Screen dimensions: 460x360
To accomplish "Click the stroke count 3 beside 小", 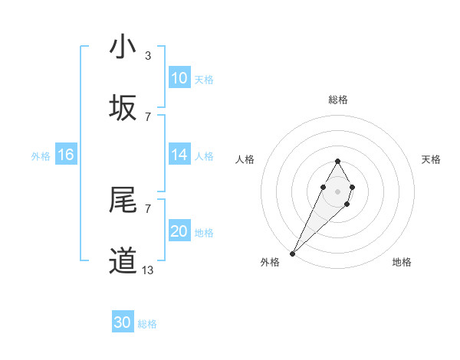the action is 148,56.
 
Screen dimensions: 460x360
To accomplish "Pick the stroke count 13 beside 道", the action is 148,270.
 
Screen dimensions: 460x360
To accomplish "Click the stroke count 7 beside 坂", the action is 148,117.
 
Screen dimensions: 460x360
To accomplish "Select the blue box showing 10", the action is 179,78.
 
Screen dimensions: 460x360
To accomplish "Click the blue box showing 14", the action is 179,155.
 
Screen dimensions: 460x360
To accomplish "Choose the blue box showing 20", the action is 179,231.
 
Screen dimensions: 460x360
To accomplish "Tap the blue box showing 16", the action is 66,155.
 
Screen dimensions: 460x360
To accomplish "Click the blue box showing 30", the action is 123,322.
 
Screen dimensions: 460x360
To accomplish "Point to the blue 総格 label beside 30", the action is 147,324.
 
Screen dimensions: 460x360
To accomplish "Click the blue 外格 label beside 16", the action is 41,156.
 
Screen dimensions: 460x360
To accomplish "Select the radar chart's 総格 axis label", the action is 338,100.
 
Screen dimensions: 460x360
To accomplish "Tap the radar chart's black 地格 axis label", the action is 402,263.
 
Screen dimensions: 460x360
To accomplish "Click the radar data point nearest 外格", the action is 293,253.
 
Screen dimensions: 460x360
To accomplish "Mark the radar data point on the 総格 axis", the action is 338,161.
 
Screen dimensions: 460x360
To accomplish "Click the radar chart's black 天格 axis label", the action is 431,159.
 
